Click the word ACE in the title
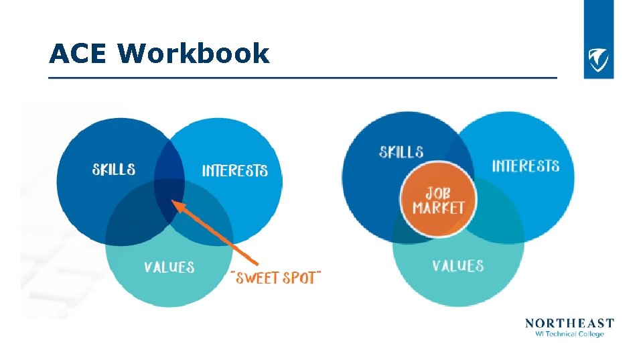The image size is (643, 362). (77, 54)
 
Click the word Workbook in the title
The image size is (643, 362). (194, 54)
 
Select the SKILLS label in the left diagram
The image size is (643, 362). (113, 169)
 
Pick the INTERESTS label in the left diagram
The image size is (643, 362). (234, 171)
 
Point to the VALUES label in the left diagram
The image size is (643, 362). (169, 267)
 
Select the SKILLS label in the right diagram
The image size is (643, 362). (401, 152)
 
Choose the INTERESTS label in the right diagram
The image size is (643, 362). (526, 166)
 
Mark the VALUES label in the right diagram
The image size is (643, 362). (457, 266)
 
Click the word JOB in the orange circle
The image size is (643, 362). (438, 192)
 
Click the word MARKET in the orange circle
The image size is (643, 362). (438, 208)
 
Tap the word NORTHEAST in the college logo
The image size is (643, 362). (569, 323)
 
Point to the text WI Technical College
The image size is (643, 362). (569, 334)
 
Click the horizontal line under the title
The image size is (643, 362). (301, 78)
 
